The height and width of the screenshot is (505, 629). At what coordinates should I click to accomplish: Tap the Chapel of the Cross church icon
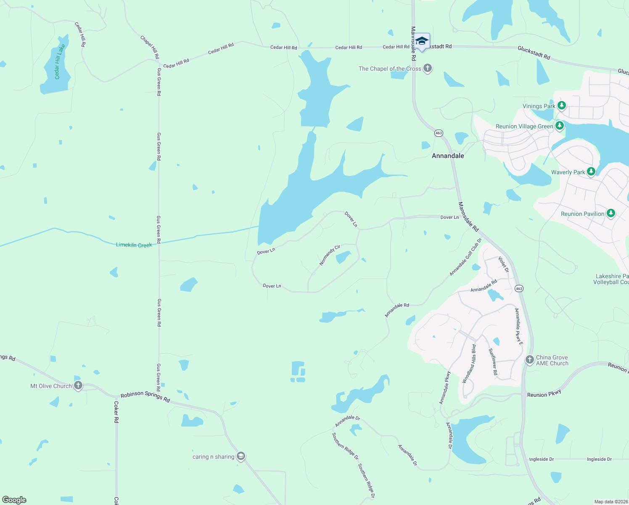click(x=428, y=68)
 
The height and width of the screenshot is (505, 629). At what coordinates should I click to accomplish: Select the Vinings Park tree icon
click(x=561, y=106)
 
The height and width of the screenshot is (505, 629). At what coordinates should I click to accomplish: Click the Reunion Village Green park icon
click(x=559, y=126)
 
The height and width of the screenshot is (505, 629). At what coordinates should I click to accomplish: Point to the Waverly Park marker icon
click(x=591, y=172)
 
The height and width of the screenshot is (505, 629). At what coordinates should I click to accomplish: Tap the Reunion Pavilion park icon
click(x=611, y=213)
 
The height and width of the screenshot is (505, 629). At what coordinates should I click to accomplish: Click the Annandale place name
click(x=448, y=156)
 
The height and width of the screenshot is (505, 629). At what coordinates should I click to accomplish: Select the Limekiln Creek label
click(x=134, y=245)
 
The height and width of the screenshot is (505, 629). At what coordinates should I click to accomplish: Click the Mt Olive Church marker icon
click(x=78, y=385)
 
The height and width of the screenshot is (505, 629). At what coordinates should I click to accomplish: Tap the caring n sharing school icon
click(x=241, y=457)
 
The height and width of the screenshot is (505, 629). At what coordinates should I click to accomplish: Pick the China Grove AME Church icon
click(x=530, y=360)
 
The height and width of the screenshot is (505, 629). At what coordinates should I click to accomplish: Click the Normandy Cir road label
click(x=330, y=255)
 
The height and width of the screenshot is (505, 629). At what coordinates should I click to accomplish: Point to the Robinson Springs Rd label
click(x=145, y=396)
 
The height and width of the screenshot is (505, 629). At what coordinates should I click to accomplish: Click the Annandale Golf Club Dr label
click(x=465, y=257)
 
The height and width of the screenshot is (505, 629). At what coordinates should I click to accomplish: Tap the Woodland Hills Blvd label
click(x=469, y=364)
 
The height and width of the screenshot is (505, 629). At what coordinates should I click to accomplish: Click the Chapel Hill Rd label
click(x=150, y=47)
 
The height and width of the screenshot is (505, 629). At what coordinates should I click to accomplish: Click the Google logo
click(x=14, y=500)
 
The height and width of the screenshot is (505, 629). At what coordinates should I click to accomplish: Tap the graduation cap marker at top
click(x=422, y=42)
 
